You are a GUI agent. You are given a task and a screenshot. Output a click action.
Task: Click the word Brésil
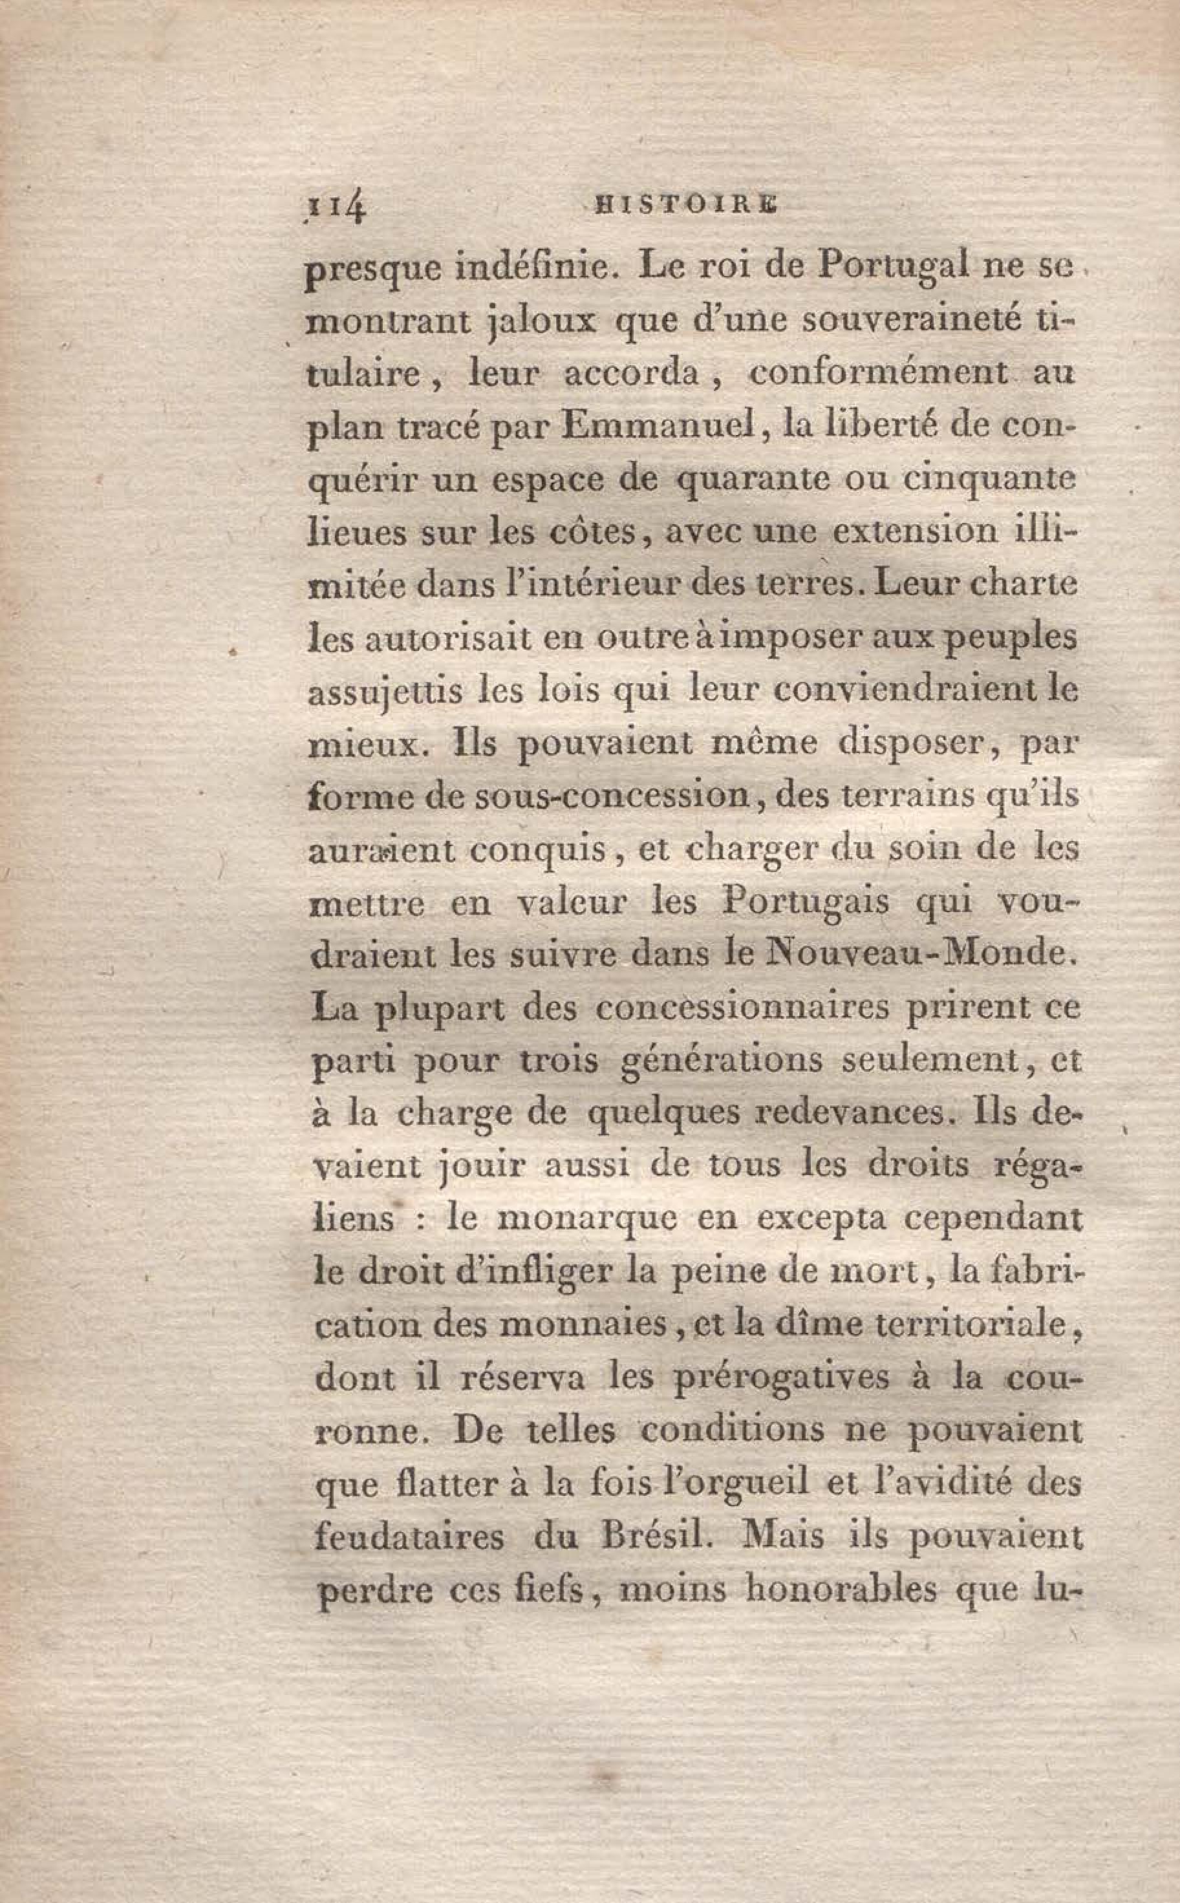click(663, 1537)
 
